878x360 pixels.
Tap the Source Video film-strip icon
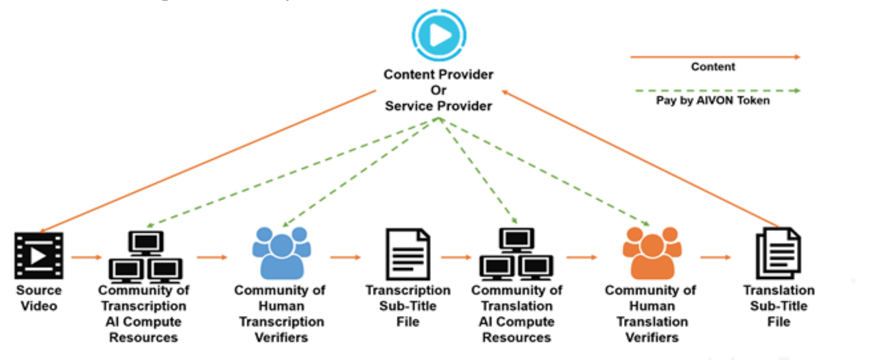[38, 255]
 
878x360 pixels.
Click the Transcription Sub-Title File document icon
[409, 254]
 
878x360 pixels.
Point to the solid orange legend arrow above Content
[715, 57]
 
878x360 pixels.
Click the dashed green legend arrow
[715, 90]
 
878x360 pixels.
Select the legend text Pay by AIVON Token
[713, 101]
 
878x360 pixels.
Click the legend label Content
[713, 67]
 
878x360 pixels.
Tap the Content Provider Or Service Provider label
[438, 90]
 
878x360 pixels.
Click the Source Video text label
[39, 298]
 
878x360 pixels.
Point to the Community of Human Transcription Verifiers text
[280, 313]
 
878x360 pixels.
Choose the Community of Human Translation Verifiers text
[650, 313]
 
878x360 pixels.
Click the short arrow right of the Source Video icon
[86, 257]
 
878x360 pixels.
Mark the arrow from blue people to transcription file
[345, 257]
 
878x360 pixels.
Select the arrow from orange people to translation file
[715, 257]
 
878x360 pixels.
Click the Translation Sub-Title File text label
[779, 306]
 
